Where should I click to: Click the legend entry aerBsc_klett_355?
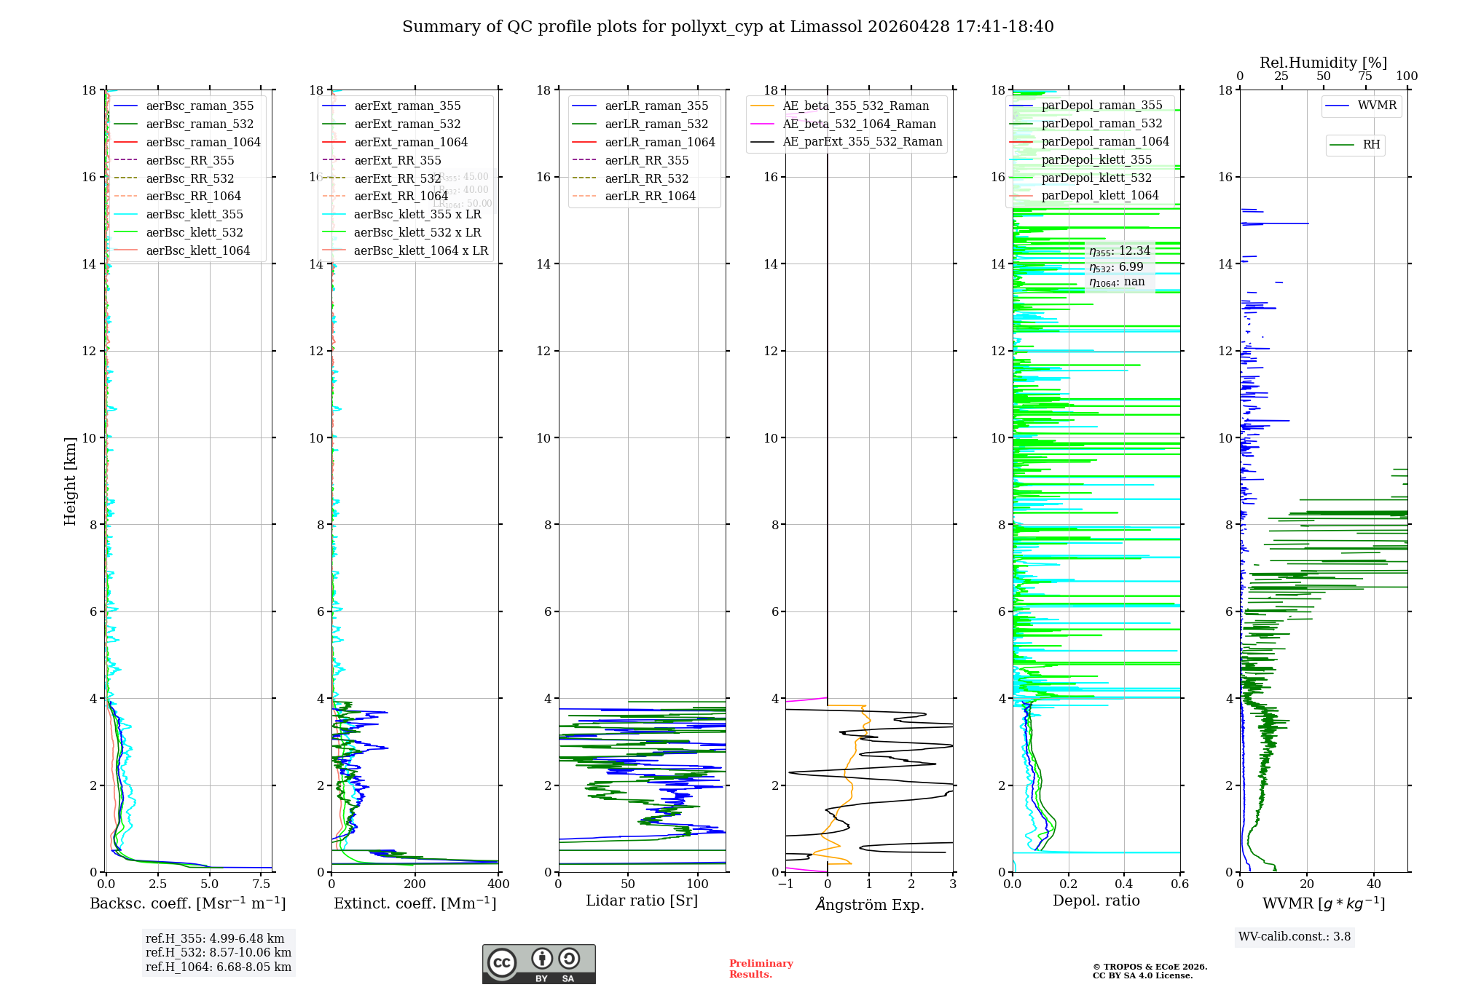[194, 214]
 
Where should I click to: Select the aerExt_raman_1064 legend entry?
[411, 142]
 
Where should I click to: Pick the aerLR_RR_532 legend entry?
[646, 178]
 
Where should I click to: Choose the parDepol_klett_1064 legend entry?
[1099, 195]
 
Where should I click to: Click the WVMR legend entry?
[1377, 106]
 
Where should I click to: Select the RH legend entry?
[1371, 145]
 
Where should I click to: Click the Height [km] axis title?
[70, 480]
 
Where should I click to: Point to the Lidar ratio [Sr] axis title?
[642, 900]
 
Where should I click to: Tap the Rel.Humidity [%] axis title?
[1323, 63]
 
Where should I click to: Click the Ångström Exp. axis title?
[870, 904]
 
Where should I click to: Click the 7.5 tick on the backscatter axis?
[262, 884]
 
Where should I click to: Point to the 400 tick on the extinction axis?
[498, 884]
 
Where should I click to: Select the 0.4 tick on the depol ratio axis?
[1124, 884]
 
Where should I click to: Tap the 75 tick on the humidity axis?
[1365, 76]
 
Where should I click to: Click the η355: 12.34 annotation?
[1120, 251]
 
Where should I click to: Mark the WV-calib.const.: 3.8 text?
[1295, 936]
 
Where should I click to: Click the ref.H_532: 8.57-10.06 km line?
[219, 952]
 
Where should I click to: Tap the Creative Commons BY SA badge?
[538, 964]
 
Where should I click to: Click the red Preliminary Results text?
[761, 968]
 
